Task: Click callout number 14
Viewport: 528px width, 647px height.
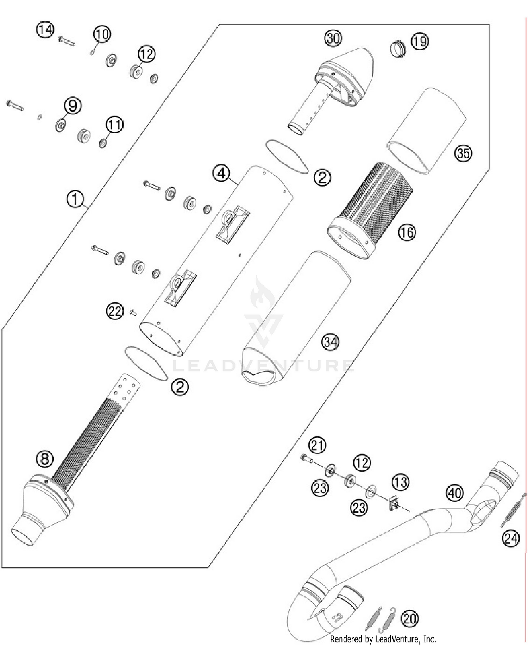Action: coord(45,30)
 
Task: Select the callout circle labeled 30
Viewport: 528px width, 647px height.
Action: coord(333,38)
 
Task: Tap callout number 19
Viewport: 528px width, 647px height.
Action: coord(420,42)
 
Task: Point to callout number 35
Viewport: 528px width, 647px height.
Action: coord(463,153)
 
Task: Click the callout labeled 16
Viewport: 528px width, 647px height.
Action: coord(407,232)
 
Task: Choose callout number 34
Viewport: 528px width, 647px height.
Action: coord(331,342)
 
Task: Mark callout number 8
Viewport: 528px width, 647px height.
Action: coord(45,459)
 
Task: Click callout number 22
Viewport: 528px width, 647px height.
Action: coord(115,311)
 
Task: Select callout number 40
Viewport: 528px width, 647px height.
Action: coord(454,493)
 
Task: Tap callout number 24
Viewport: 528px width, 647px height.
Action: coord(511,538)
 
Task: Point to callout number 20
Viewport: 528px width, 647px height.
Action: coord(409,618)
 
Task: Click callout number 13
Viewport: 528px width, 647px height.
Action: coord(401,482)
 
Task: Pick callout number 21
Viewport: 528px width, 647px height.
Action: coord(317,445)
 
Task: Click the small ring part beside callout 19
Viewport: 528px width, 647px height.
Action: coord(398,49)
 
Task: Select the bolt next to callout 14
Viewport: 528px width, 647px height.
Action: coord(66,41)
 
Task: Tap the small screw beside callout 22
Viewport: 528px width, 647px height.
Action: coord(133,312)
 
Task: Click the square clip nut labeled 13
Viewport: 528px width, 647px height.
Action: coord(394,504)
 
